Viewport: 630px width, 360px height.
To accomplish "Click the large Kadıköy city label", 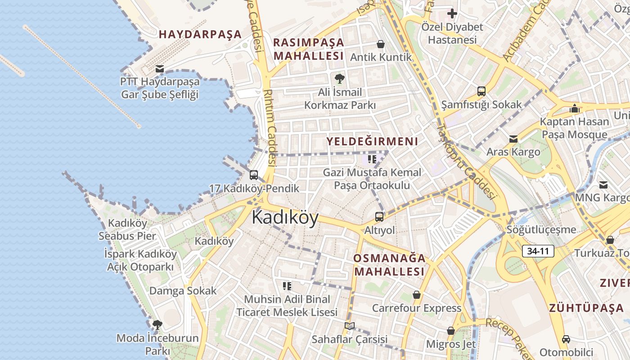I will point(285,217).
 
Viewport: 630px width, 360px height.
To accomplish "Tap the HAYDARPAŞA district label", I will point(200,34).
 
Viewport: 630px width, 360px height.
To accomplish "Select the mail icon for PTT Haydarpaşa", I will point(159,69).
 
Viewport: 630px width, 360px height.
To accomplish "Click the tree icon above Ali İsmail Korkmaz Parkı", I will point(339,79).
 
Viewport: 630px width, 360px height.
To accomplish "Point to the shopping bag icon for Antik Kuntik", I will point(381,44).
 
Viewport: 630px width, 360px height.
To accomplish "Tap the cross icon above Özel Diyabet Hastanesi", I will point(452,13).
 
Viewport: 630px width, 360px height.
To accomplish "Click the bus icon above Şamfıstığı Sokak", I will point(481,91).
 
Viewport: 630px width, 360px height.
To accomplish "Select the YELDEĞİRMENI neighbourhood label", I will point(372,141).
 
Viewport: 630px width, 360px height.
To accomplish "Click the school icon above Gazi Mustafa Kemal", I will point(372,159).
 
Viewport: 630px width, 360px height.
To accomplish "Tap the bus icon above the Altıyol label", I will point(379,217).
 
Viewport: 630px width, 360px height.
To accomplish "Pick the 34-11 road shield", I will point(538,251).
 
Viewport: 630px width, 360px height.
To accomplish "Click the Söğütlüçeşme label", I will point(541,229).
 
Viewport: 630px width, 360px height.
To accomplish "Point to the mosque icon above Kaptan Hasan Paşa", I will point(574,108).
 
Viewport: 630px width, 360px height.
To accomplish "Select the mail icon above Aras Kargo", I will point(513,139).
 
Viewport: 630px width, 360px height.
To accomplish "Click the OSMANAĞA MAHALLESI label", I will point(389,265).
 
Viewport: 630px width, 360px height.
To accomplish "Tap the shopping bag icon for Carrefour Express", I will point(417,295).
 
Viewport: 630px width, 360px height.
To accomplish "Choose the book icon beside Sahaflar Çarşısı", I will point(350,326).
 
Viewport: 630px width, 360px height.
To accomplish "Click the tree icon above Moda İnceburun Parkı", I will point(157,324).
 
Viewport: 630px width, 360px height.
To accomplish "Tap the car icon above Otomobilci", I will point(566,339).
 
